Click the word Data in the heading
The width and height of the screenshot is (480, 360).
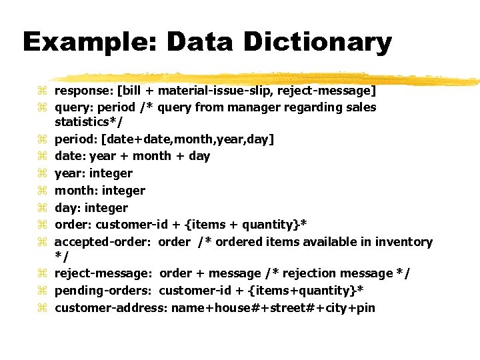coord(201,42)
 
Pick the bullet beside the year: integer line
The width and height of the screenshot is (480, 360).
coord(43,173)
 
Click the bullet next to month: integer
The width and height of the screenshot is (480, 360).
coord(43,191)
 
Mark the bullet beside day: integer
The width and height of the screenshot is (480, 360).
coord(43,208)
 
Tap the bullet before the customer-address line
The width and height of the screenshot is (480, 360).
coord(43,308)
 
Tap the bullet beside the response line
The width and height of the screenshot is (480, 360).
coord(43,91)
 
